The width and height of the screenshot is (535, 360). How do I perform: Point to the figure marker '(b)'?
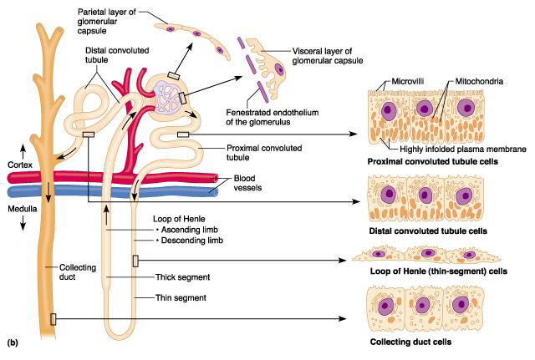(13, 342)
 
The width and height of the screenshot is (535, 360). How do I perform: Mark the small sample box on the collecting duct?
(53, 318)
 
